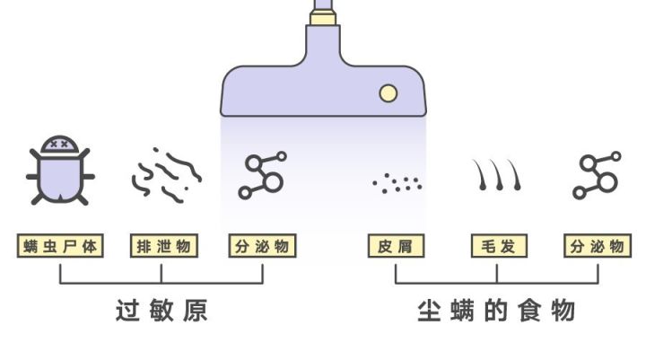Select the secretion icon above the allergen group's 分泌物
coord(263,175)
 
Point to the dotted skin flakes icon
coord(397,183)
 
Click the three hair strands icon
coord(498,174)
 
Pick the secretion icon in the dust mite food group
coord(598,175)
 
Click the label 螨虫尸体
coord(59,246)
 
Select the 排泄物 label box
coord(163,246)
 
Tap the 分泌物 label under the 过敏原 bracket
coord(262,246)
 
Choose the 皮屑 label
coord(396,246)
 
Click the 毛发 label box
coord(499,246)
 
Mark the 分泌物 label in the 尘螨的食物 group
coord(598,246)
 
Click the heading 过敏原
coord(162,311)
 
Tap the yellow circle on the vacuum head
coord(388,92)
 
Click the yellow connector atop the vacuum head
coord(323,16)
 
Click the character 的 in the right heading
coord(496,311)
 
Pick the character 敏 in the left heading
coord(162,311)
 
